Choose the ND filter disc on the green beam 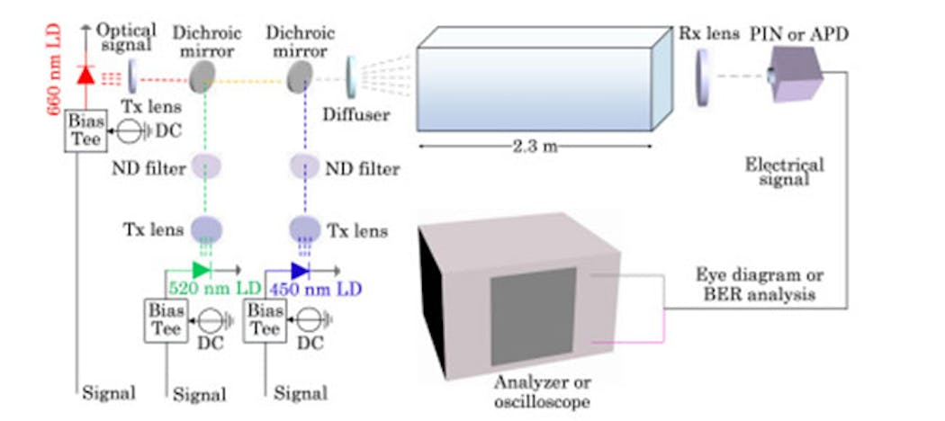pos(206,168)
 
